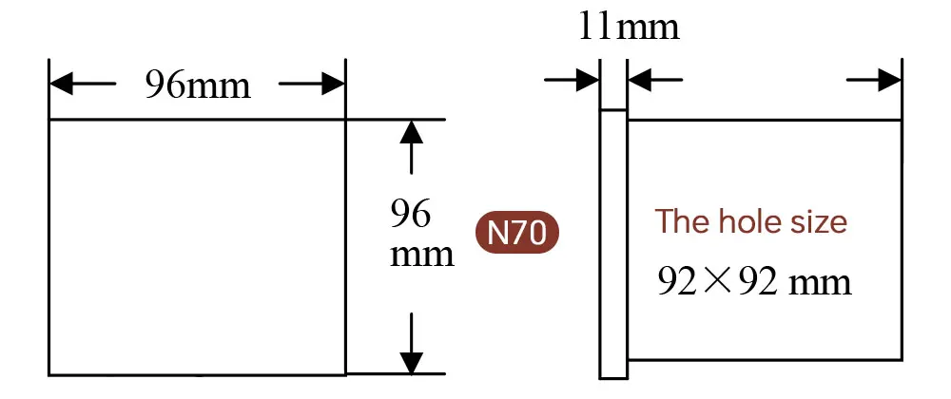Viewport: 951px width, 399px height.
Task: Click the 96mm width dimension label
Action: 197,85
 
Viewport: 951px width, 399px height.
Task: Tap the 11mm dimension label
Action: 629,27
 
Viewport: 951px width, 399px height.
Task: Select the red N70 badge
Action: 517,234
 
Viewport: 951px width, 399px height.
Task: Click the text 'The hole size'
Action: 750,222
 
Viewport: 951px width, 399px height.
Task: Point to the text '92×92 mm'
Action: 754,281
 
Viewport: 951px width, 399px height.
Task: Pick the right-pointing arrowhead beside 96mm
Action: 332,85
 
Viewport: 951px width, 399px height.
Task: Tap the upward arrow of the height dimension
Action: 411,132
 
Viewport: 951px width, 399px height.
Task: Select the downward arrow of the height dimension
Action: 411,362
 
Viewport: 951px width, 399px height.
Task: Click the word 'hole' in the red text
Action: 750,222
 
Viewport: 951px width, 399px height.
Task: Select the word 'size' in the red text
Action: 818,222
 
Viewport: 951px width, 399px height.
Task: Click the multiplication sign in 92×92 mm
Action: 727,282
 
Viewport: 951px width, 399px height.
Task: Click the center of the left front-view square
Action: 197,247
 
